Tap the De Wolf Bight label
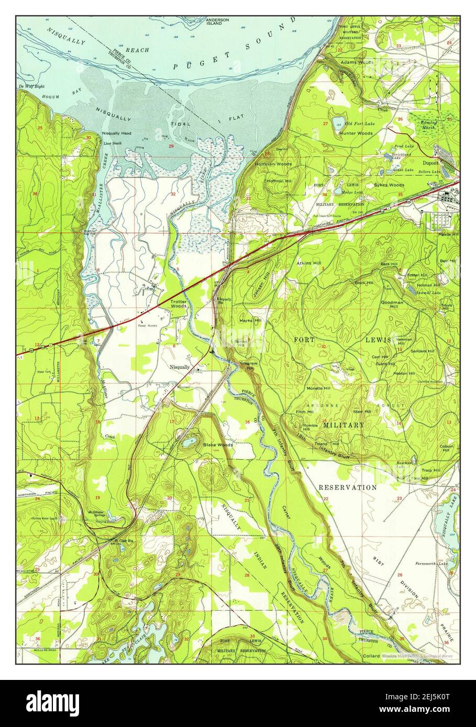pyautogui.click(x=29, y=86)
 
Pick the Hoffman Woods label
pyautogui.click(x=273, y=164)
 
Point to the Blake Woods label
pyautogui.click(x=218, y=445)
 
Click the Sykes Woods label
pyautogui.click(x=389, y=185)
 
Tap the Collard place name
pyautogui.click(x=371, y=655)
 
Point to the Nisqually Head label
pyautogui.click(x=116, y=133)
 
